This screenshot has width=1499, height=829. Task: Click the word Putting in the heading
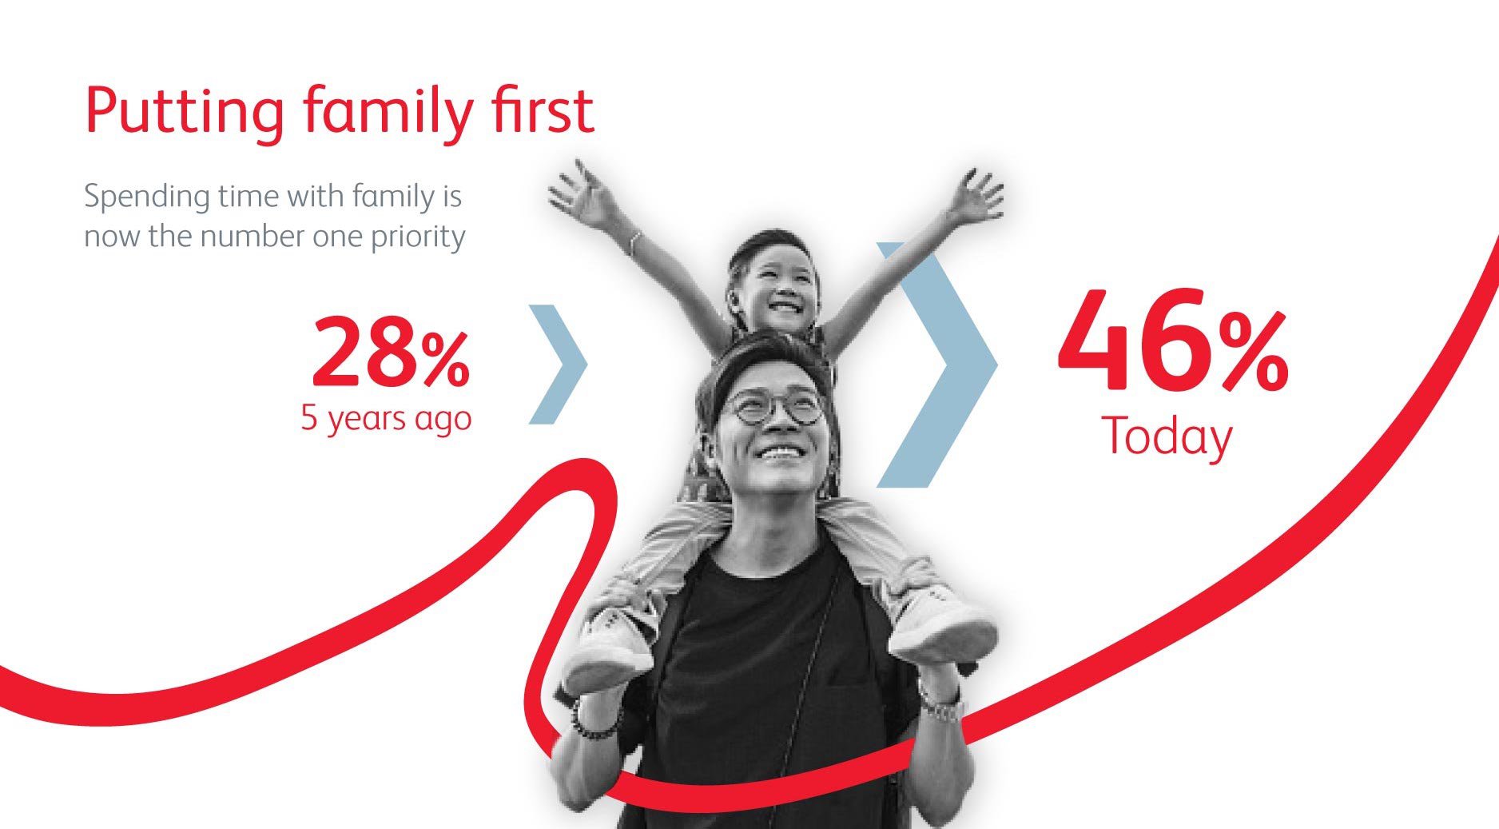185,111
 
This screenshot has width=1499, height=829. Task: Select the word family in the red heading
388,111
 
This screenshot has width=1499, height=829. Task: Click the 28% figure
390,352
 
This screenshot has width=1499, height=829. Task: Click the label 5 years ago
386,418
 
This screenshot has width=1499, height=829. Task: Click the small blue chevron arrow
558,364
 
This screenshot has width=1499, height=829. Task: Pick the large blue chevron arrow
936,365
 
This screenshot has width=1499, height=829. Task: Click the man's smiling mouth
781,453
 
